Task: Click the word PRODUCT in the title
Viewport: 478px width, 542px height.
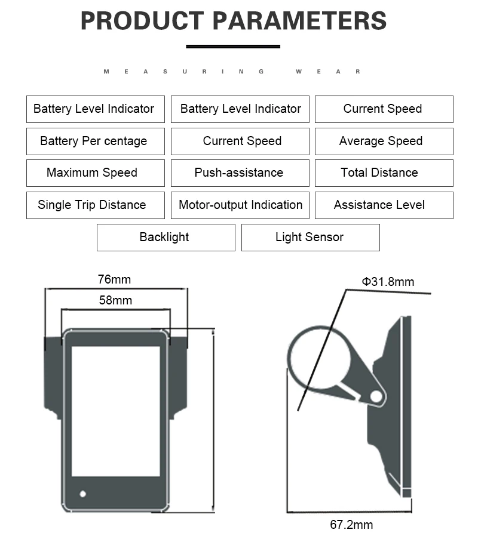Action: click(x=142, y=21)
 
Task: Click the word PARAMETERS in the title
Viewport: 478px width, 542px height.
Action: click(x=299, y=21)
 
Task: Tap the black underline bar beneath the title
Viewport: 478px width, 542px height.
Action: click(x=233, y=47)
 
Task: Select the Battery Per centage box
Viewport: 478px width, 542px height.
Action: click(x=96, y=141)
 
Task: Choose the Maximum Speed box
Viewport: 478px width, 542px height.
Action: click(x=96, y=173)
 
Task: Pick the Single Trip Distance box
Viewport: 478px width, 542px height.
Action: click(x=96, y=205)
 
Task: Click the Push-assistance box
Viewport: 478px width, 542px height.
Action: click(x=240, y=173)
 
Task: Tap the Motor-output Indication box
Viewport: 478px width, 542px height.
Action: click(x=240, y=205)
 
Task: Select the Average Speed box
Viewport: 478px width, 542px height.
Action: click(x=384, y=141)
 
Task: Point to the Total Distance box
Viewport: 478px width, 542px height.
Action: click(x=384, y=173)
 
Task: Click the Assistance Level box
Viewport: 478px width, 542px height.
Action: click(x=384, y=205)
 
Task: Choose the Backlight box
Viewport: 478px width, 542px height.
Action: click(x=166, y=238)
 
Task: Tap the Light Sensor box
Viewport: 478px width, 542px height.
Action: click(x=311, y=238)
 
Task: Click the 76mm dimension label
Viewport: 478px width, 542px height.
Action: click(x=115, y=279)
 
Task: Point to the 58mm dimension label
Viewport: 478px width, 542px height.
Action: click(x=115, y=300)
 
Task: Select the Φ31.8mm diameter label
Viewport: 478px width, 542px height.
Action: click(x=388, y=282)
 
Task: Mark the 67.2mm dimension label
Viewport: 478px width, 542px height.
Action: click(x=351, y=525)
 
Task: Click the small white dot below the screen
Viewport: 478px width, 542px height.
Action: click(x=83, y=494)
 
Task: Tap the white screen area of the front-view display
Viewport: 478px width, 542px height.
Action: click(x=116, y=411)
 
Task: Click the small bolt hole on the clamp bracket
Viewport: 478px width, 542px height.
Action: click(x=376, y=396)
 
